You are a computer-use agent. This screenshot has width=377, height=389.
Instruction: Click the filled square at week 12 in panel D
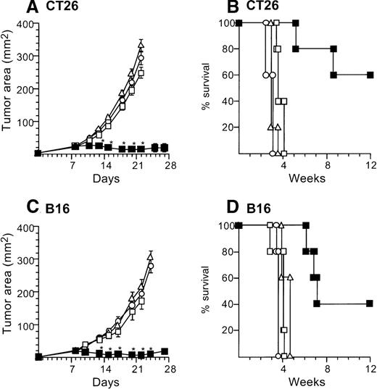click(370, 304)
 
